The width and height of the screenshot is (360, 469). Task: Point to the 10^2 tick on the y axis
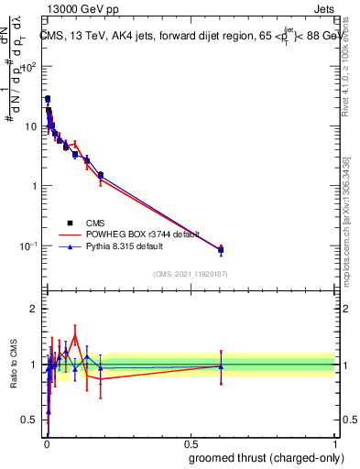29,67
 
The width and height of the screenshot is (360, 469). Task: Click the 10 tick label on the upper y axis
32,126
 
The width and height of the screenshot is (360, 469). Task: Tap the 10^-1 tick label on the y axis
29,245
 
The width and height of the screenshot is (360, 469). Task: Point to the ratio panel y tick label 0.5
29,420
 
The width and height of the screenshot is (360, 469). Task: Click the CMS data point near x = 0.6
221,249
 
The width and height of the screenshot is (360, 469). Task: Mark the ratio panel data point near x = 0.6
221,366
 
